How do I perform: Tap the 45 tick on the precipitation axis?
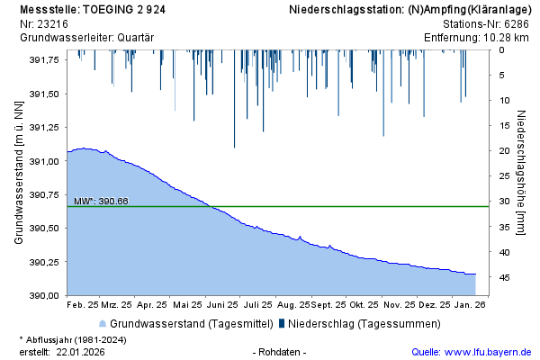click(505, 278)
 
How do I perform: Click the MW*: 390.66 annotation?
click(101, 201)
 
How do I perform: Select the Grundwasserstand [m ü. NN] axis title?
click(19, 173)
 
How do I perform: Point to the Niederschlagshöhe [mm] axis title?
click(522, 173)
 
